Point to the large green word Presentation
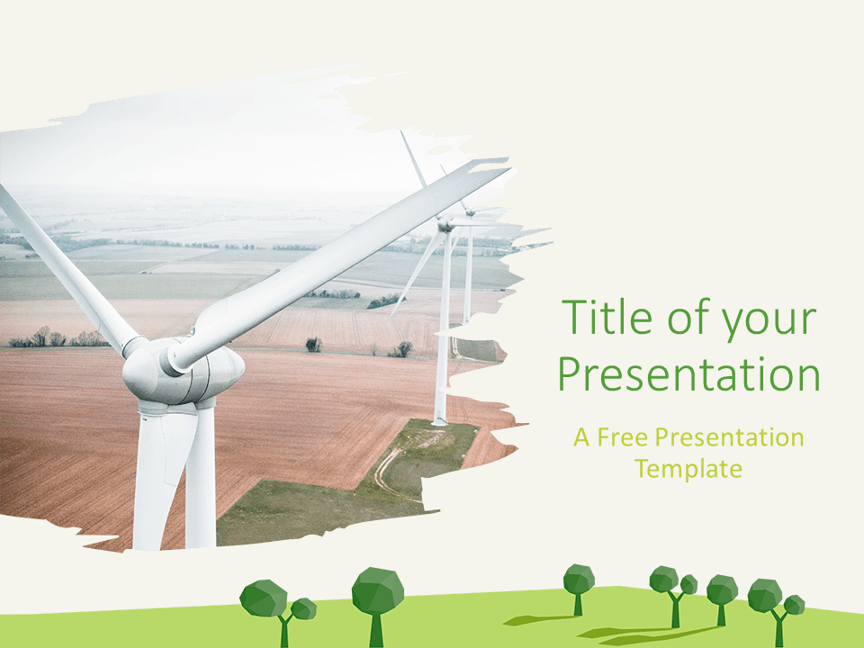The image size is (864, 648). tap(688, 373)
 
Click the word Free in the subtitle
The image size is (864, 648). tap(623, 437)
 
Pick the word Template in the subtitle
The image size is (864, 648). tap(688, 469)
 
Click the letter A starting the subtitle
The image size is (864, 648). tap(582, 437)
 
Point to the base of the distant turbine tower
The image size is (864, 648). tap(439, 421)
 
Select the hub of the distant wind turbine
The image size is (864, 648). tap(445, 224)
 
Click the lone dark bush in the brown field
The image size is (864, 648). tap(313, 345)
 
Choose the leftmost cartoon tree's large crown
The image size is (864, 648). tap(264, 598)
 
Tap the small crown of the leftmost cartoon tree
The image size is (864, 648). tap(303, 609)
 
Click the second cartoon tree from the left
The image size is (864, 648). tap(377, 603)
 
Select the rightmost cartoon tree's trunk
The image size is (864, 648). tap(778, 628)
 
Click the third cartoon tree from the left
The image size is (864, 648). tap(579, 588)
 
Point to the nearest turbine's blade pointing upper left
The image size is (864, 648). tap(66, 269)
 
